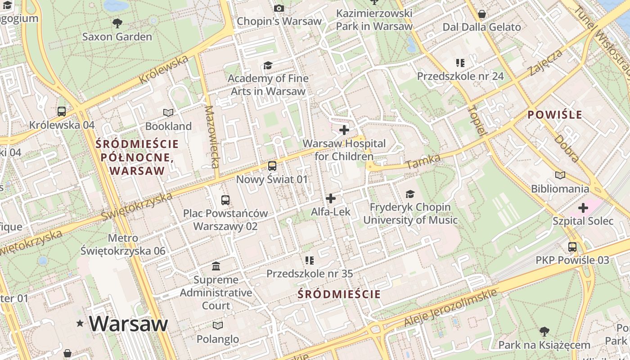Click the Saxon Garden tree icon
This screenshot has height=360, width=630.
(117, 22)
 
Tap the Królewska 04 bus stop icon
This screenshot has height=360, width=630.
(62, 111)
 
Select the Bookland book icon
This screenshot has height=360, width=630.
(168, 112)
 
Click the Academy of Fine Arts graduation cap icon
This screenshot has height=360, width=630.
(268, 66)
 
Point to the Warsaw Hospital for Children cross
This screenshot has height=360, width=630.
(344, 130)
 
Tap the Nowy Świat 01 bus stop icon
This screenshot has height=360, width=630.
(272, 166)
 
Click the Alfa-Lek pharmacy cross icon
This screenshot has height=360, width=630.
(331, 198)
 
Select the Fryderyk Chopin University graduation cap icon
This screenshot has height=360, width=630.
(410, 194)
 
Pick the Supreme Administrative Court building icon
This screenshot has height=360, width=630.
(216, 266)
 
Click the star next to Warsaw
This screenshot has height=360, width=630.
(80, 323)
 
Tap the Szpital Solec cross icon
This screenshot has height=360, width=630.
(583, 208)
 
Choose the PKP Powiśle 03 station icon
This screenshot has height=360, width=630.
(572, 247)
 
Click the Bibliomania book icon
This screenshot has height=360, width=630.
(560, 175)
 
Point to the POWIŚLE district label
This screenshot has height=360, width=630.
(555, 115)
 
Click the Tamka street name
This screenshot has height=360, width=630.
(417, 162)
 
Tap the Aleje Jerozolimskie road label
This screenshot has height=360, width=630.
(450, 308)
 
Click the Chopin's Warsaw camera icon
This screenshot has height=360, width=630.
(279, 8)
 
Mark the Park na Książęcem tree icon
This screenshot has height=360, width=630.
(544, 332)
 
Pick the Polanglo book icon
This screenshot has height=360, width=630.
(218, 325)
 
